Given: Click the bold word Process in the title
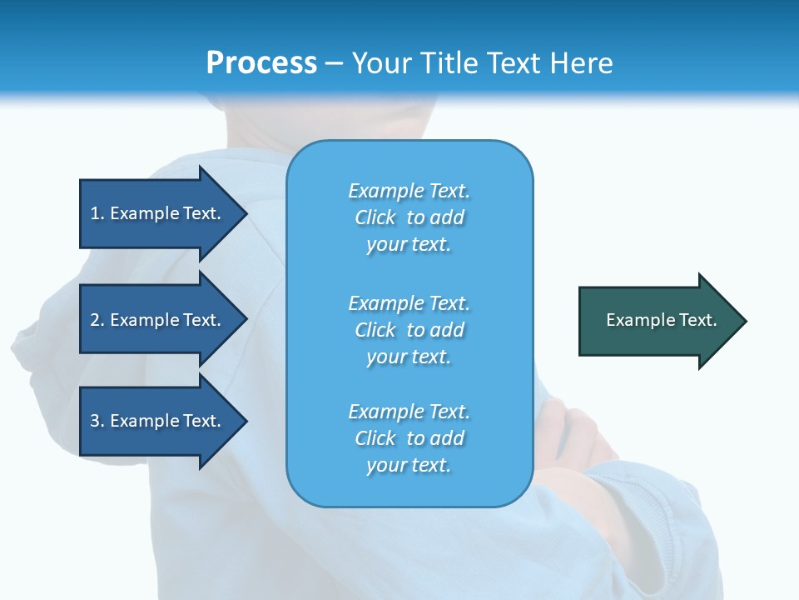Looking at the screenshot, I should coord(261,63).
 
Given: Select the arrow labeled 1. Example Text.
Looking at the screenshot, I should coord(158,213).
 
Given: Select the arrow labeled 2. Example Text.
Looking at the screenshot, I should coord(158,320).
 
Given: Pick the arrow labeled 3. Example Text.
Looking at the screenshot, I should coord(158,421).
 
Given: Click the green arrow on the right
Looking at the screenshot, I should coord(658,320).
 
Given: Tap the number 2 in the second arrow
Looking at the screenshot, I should coord(95,320).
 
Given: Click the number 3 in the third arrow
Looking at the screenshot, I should coord(95,421).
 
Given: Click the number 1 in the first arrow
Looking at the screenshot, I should coord(95,213).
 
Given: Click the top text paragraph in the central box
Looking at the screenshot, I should coord(409,217).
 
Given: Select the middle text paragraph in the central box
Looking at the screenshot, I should coord(409,330).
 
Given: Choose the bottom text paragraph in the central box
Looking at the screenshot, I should coord(409,438).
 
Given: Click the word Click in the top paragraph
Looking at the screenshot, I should coord(375,217).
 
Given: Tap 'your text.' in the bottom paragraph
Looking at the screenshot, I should coord(409,465).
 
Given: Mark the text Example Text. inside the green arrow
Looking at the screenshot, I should coord(661,320).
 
